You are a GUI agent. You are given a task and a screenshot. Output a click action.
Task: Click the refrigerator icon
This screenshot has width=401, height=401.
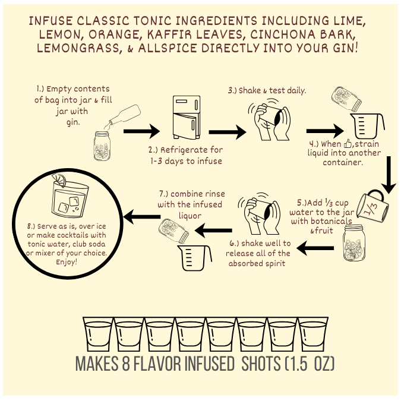point(187,117)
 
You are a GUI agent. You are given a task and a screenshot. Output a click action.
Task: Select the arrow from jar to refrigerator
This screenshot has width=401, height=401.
point(141,131)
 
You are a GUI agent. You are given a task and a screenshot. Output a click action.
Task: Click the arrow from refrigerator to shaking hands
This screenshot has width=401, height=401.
point(228,132)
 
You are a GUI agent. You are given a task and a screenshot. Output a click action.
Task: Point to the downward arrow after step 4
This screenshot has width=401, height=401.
point(389,175)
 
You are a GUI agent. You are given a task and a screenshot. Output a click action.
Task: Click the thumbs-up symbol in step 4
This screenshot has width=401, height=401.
point(348,144)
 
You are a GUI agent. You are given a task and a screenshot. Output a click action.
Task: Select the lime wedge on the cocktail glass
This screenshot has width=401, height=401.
point(59,180)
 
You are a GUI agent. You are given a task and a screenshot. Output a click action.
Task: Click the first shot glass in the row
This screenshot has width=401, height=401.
point(98,334)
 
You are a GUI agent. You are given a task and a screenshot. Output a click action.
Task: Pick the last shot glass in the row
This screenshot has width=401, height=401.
point(312,334)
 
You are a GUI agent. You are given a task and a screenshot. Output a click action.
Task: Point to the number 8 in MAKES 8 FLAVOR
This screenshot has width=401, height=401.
point(126,363)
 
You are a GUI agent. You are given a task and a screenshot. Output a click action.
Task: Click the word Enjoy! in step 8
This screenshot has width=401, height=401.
point(67,262)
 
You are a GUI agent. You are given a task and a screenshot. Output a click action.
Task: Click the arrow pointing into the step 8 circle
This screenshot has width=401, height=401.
point(142,217)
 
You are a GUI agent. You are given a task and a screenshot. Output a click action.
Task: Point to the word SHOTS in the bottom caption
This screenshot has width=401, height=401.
point(261,363)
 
